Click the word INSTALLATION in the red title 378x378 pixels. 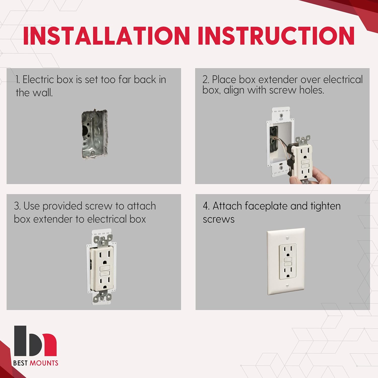pyautogui.click(x=106, y=36)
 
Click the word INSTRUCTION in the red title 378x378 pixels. pyautogui.click(x=276, y=36)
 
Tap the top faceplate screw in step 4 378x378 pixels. pyautogui.click(x=287, y=238)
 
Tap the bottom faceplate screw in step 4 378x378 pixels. pyautogui.click(x=287, y=286)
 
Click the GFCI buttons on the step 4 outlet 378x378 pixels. pyautogui.click(x=288, y=262)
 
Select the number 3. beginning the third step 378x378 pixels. pyautogui.click(x=17, y=206)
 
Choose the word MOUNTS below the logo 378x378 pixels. pyautogui.click(x=44, y=363)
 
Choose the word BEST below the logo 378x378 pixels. pyautogui.click(x=20, y=363)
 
